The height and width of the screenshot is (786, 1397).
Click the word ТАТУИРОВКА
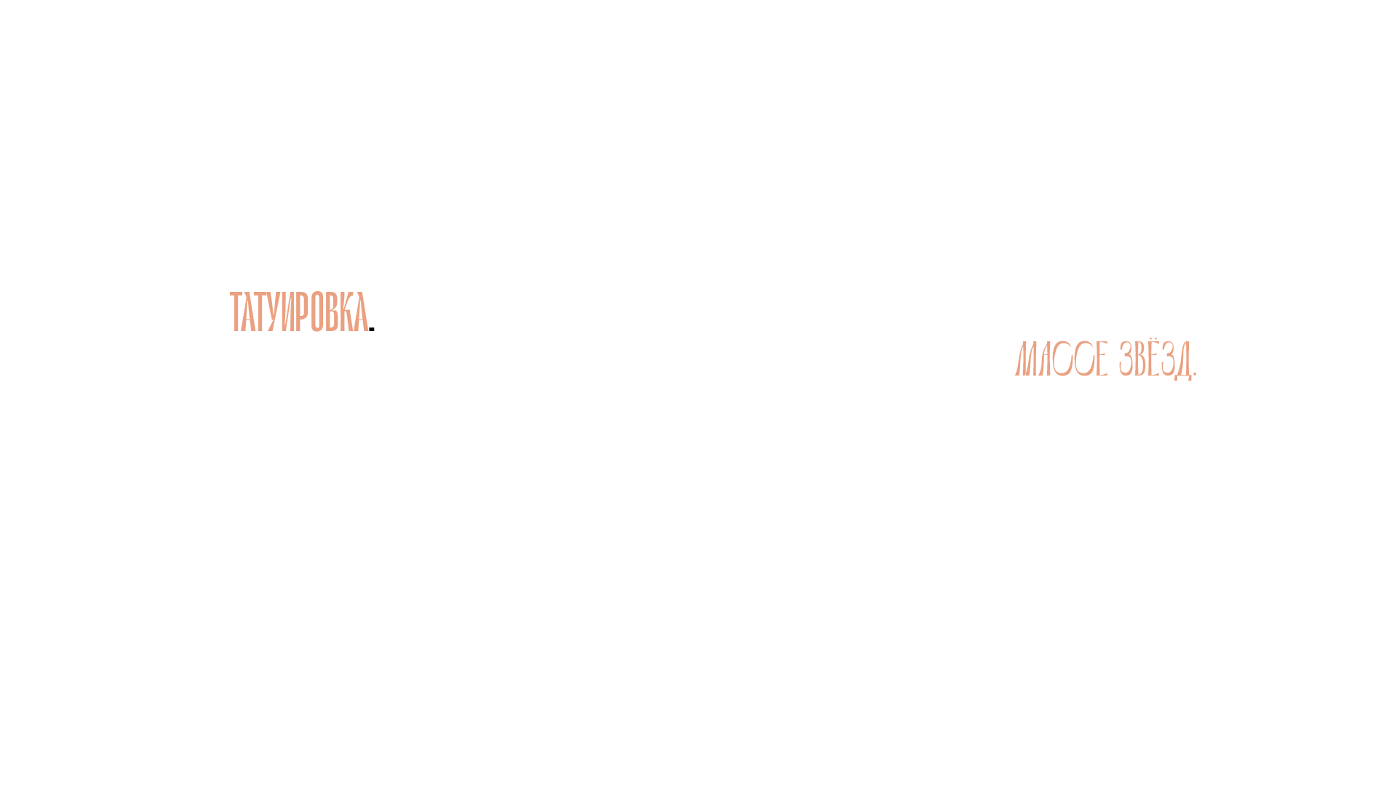pos(299,311)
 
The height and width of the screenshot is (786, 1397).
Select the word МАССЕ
pos(1061,359)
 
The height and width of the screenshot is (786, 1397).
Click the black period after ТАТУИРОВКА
pos(372,329)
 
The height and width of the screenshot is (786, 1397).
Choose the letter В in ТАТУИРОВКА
pos(332,311)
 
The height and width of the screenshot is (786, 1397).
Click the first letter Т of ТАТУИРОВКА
pos(236,311)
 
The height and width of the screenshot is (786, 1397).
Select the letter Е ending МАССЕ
pos(1102,359)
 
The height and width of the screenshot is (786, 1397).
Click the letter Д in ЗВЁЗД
pos(1183,360)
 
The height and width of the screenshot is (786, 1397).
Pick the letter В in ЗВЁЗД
pos(1139,359)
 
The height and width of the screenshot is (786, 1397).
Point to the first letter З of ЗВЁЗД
pos(1125,359)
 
